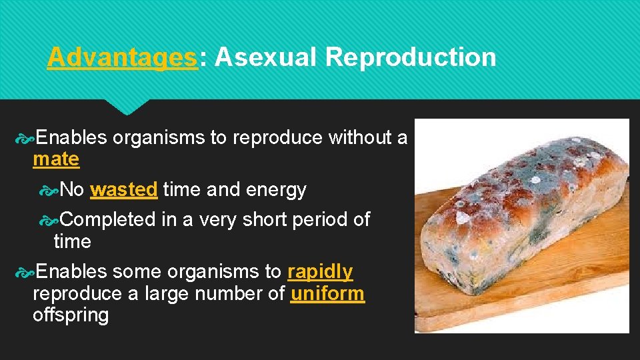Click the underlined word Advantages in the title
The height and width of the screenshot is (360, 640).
click(x=123, y=58)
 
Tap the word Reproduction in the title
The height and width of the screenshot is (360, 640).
click(x=411, y=58)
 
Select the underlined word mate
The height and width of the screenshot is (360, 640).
click(x=56, y=159)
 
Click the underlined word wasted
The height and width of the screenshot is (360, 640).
click(x=123, y=190)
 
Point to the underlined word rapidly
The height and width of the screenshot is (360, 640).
click(x=320, y=272)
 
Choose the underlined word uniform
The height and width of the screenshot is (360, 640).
click(x=327, y=293)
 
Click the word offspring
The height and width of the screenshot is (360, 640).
click(x=71, y=315)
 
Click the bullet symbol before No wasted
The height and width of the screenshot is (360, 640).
click(x=49, y=191)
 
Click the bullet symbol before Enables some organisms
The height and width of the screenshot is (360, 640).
click(x=24, y=273)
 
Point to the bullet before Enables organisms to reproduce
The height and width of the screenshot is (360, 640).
click(x=24, y=138)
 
